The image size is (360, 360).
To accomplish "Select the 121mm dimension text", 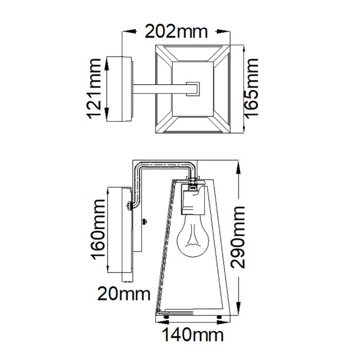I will [x=94, y=88].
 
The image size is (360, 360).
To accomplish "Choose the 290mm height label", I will [x=238, y=237].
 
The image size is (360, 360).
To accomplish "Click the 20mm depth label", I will [x=124, y=295].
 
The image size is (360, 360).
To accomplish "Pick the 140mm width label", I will [x=192, y=335].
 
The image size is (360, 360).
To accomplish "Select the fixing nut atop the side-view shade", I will [x=193, y=182].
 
